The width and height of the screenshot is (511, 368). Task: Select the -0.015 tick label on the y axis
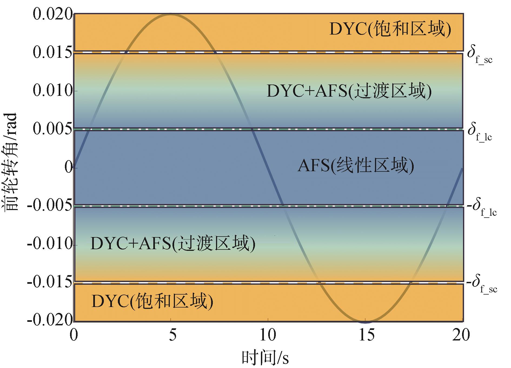(x=50, y=283)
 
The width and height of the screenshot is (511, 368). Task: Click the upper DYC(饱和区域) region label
(x=390, y=29)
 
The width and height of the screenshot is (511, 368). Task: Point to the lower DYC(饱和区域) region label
(x=152, y=301)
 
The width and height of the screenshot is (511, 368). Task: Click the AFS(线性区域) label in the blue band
(x=356, y=166)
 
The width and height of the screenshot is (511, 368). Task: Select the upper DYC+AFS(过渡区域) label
(x=349, y=91)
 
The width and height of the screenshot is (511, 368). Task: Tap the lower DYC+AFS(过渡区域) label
(x=173, y=244)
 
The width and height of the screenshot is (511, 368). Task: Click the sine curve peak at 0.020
(x=170, y=15)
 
